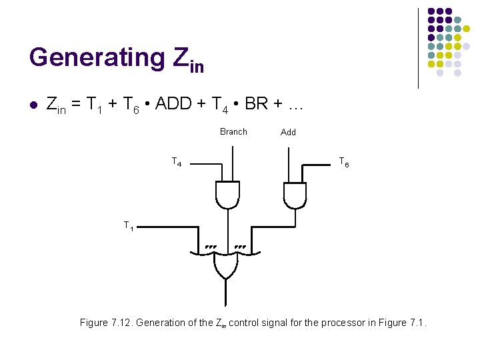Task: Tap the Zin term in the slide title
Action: tap(187, 59)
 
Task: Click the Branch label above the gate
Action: tap(233, 131)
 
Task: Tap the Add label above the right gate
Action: tap(288, 132)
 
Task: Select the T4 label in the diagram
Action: tap(177, 162)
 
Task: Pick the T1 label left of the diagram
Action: tap(129, 226)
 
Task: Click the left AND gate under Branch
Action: tap(227, 193)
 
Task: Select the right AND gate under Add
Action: tap(294, 193)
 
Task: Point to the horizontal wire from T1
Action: tap(167, 227)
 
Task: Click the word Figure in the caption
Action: tap(93, 323)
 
